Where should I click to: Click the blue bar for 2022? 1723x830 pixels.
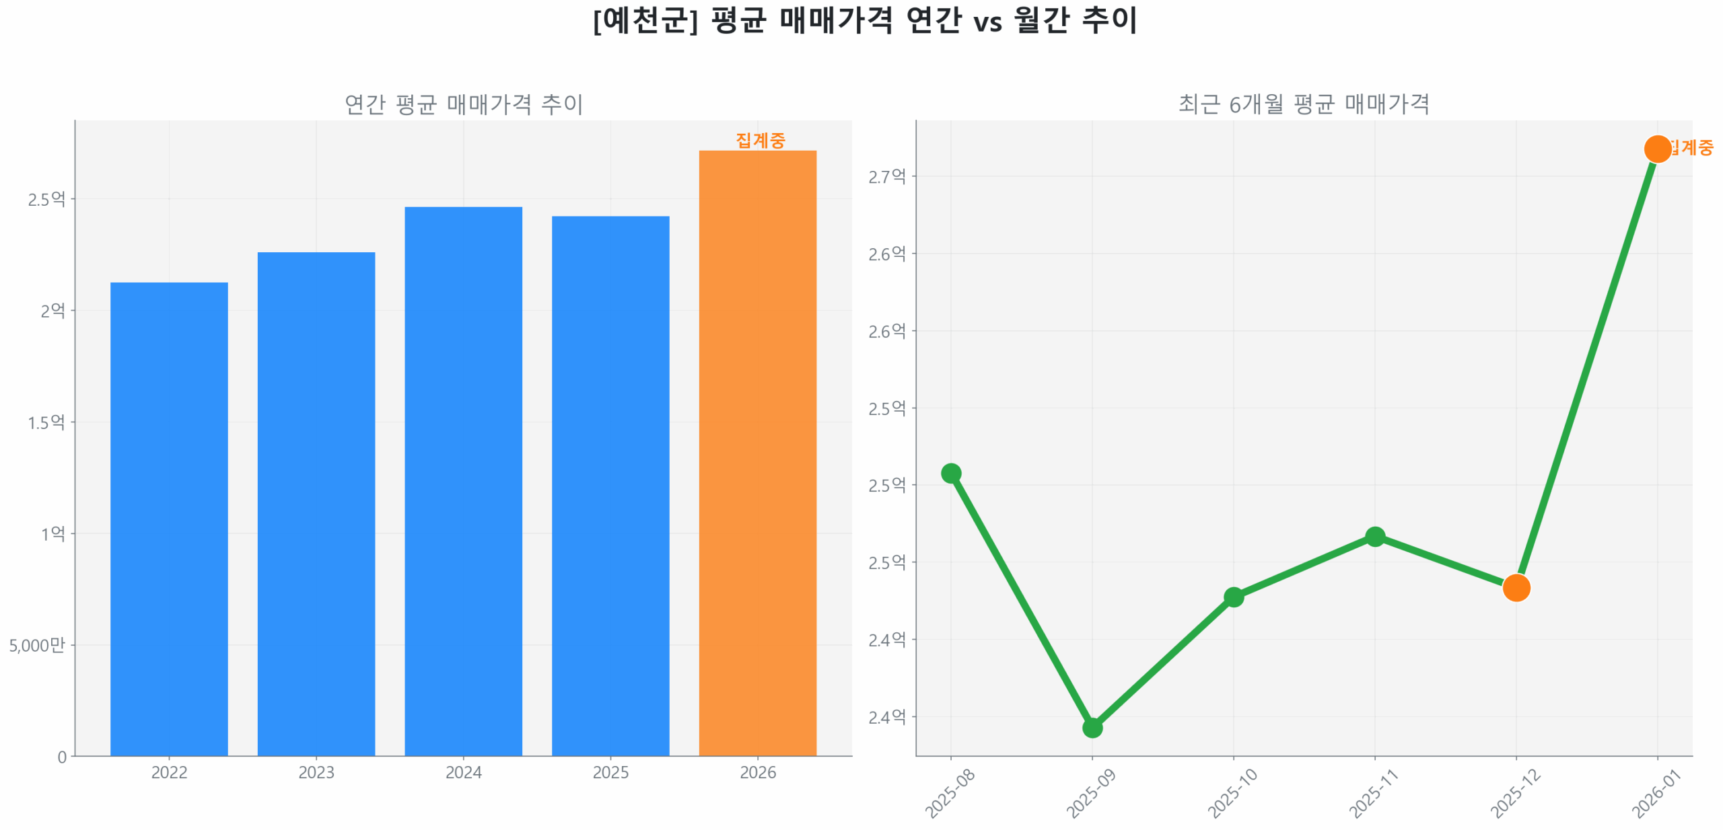click(x=168, y=518)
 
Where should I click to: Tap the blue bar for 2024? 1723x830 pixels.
click(x=463, y=480)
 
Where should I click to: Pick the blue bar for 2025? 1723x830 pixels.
click(x=610, y=485)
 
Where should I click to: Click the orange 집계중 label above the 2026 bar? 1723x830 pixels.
click(x=760, y=140)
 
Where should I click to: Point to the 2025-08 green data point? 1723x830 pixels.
click(x=950, y=473)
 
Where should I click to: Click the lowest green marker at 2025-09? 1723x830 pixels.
click(x=1092, y=727)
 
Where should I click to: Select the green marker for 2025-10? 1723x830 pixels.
click(x=1233, y=597)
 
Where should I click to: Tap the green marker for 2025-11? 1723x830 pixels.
click(x=1374, y=536)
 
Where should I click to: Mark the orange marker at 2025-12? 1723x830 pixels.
click(x=1516, y=587)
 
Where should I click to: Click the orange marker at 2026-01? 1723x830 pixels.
click(x=1657, y=149)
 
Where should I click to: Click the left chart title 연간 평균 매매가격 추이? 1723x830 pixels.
click(x=463, y=104)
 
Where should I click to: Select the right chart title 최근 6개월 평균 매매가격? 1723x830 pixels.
click(x=1303, y=104)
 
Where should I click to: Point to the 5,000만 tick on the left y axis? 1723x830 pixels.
click(x=37, y=645)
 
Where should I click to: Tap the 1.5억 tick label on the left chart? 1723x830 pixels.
click(x=46, y=422)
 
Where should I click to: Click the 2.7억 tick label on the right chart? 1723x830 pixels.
click(x=886, y=176)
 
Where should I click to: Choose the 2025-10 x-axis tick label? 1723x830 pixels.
click(x=1232, y=793)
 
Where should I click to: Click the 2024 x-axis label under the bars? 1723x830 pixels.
click(x=463, y=772)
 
